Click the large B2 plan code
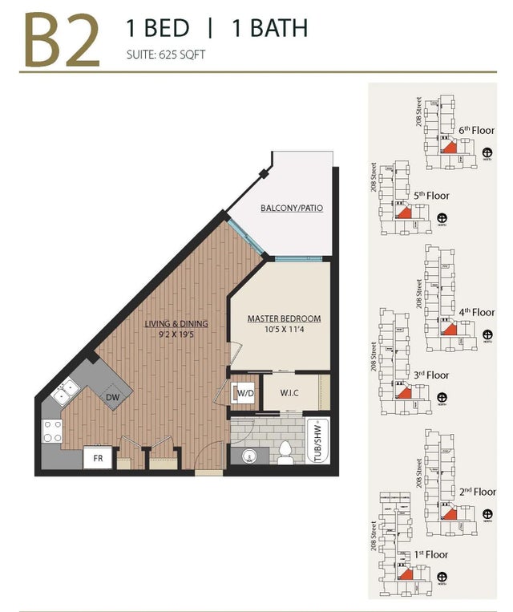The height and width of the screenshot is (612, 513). click(63, 40)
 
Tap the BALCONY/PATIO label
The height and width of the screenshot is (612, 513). click(292, 209)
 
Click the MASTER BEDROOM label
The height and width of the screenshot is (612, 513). click(284, 318)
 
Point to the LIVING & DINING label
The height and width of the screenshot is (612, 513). click(176, 323)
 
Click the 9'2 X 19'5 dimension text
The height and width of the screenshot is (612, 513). click(176, 335)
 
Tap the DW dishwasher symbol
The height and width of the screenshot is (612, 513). click(114, 396)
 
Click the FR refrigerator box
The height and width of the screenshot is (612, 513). click(99, 459)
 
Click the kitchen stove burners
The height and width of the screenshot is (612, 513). click(52, 432)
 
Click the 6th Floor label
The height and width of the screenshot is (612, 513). click(477, 129)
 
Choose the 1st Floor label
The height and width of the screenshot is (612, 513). click(431, 554)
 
